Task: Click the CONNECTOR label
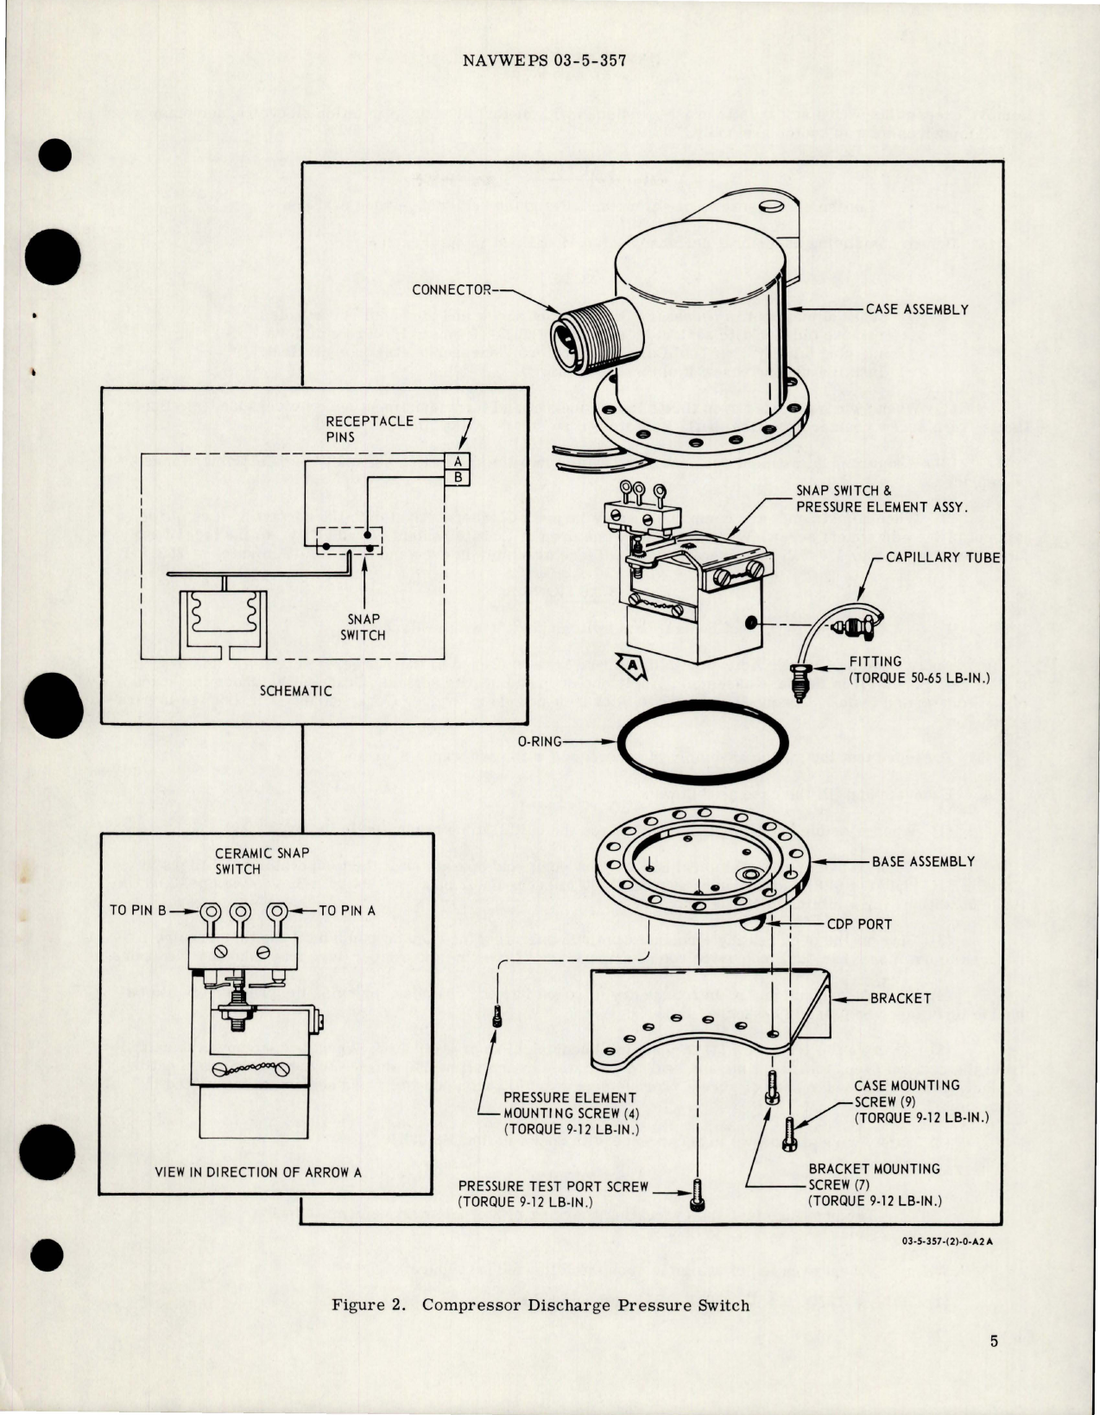451,289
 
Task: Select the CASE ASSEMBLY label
917,309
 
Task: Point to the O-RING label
539,741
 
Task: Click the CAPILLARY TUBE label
944,557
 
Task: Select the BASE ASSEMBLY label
923,861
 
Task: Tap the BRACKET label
901,998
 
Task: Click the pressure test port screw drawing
696,1196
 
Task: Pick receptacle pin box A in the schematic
458,461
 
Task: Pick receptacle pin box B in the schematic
458,476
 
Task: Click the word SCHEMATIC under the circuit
296,691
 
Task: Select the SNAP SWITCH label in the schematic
363,627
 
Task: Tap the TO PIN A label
347,910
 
